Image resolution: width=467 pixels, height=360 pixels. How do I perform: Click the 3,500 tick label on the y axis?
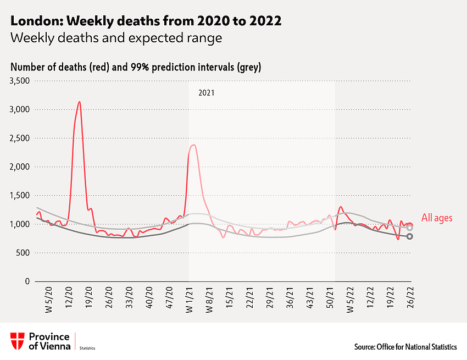pos(20,81)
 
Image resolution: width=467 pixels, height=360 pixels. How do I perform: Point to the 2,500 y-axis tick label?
pos(20,138)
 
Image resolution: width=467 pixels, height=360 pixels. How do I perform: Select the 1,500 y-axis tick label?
pos(20,196)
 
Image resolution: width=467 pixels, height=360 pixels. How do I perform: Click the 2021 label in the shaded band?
pos(206,93)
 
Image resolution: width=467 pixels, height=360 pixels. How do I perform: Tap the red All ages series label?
pos(437,218)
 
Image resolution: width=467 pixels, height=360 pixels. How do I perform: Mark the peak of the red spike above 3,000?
pos(80,102)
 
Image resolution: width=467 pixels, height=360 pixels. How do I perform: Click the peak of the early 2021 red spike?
pos(194,145)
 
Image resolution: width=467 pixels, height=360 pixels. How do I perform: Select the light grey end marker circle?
pos(410,228)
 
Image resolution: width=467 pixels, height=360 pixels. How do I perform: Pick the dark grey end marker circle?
pos(410,236)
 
